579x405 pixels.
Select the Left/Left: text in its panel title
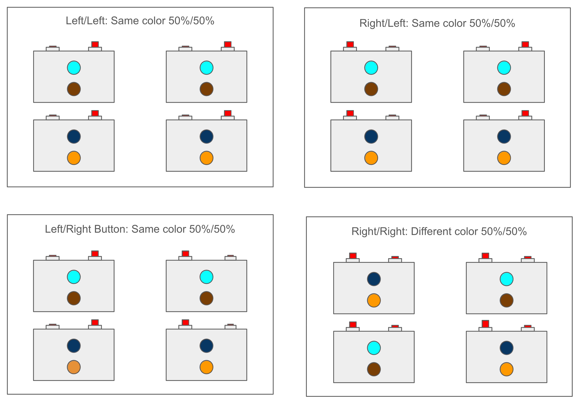(x=87, y=21)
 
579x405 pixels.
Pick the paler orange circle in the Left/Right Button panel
(x=74, y=367)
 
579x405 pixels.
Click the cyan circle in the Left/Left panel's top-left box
(x=74, y=67)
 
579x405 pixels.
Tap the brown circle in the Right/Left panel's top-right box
(x=504, y=89)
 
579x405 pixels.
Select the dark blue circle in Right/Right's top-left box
(x=374, y=279)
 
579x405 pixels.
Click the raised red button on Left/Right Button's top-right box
(x=185, y=253)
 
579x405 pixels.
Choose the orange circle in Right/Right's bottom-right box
(x=506, y=369)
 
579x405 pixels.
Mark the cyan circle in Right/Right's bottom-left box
(x=374, y=348)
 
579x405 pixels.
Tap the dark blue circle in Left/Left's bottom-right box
(x=206, y=137)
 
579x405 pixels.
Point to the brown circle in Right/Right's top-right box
(x=506, y=300)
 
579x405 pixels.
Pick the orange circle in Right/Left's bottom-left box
(x=371, y=158)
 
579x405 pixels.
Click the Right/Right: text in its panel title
(x=379, y=231)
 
